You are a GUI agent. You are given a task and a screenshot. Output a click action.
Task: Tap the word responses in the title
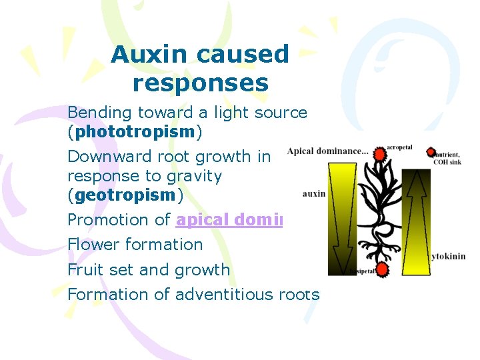(200, 83)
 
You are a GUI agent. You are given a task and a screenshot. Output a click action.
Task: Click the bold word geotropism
(125, 195)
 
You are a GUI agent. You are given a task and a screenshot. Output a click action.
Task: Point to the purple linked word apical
(203, 220)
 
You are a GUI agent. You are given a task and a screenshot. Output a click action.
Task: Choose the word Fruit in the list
(85, 269)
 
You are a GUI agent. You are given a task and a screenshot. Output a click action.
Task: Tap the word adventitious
(216, 294)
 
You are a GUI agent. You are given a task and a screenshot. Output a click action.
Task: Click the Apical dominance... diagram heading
(327, 151)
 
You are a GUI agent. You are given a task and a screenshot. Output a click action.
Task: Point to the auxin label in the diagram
(314, 194)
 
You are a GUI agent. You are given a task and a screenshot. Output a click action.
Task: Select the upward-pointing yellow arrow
(416, 220)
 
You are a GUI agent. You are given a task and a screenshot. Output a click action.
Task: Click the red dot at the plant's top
(381, 155)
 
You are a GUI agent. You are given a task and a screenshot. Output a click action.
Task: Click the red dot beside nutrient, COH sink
(431, 152)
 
